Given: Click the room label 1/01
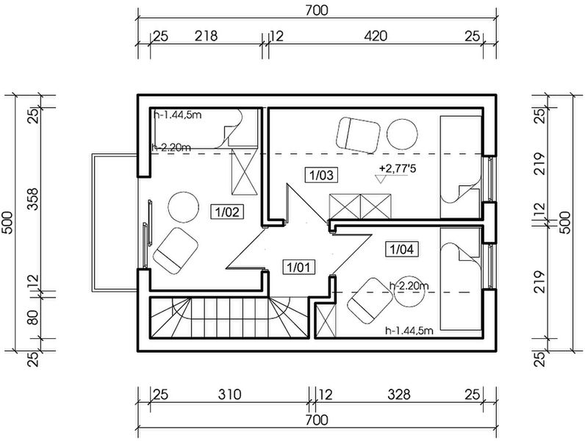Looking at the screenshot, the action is click(298, 267).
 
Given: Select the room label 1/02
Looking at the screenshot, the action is click(227, 212).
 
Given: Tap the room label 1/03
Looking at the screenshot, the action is click(322, 175).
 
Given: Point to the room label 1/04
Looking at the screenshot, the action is click(401, 249).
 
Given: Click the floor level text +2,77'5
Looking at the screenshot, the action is click(398, 168).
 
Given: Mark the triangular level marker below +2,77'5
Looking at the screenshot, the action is click(381, 179).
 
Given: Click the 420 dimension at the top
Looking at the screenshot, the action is click(376, 36).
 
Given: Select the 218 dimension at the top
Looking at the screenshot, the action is click(206, 36).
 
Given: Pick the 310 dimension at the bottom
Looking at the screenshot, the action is click(229, 395).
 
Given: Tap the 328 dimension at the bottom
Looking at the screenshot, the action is click(399, 395).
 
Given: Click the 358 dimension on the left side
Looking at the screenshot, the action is click(33, 199).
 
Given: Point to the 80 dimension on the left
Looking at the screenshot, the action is click(33, 318).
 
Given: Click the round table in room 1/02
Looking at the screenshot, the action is click(184, 207).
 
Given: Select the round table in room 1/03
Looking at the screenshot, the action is click(402, 135).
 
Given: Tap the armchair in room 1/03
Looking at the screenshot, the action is click(358, 135).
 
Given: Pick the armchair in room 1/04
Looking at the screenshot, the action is click(370, 301).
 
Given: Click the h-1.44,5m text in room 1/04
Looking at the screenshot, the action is click(409, 331).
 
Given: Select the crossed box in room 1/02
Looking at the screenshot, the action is click(245, 172).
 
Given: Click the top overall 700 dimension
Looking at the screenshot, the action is click(317, 10).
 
